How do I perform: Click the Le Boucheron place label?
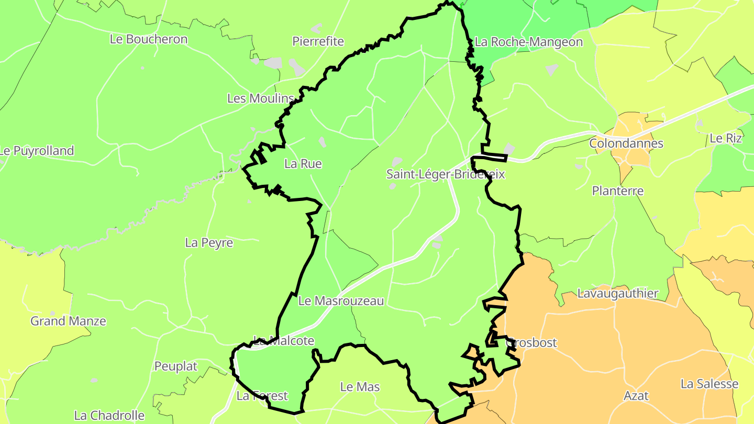tap(148, 39)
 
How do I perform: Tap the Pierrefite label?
tap(318, 41)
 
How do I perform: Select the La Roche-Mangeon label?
tap(528, 42)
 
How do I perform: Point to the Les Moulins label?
tap(260, 98)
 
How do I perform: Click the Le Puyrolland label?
tap(37, 151)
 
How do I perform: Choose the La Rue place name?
tap(303, 164)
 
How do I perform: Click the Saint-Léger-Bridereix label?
tap(446, 174)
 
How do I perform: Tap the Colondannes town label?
tap(626, 143)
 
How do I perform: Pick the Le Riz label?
tap(725, 139)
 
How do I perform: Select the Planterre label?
tap(618, 191)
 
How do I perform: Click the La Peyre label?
tap(209, 243)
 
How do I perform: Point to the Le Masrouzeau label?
tap(341, 302)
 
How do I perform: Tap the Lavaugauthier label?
tap(617, 294)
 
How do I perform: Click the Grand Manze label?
tap(68, 321)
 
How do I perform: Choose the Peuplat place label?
tap(175, 367)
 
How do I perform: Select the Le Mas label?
tap(360, 387)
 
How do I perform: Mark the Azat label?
tap(636, 396)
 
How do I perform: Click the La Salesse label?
tap(709, 384)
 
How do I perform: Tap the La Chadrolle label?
tap(109, 416)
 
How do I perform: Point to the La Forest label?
tap(262, 396)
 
